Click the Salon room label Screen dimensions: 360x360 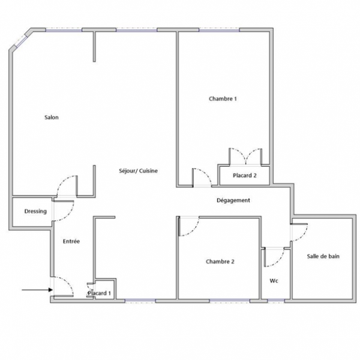52,118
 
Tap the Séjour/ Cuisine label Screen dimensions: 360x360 138,171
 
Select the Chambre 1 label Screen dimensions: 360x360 223,99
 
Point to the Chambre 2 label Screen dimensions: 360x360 220,262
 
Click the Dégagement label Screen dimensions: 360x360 233,200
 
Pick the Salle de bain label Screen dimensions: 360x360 323,256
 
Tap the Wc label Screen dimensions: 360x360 274,281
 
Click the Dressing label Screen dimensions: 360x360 35,211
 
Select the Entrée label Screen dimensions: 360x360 71,241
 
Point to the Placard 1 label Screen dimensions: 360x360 99,293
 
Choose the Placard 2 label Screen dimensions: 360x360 245,176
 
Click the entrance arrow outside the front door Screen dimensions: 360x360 37,290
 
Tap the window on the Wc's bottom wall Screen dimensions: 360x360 276,301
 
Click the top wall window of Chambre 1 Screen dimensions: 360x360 219,30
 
